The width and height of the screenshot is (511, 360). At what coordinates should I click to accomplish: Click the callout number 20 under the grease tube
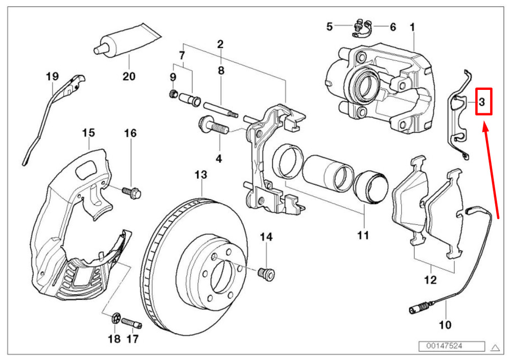129,77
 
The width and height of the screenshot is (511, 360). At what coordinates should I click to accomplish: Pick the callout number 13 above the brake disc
201,175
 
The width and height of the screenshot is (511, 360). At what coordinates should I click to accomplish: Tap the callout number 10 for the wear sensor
445,324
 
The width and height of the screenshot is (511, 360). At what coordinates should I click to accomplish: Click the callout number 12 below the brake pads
430,280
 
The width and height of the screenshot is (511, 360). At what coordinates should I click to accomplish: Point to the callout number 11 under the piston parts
363,235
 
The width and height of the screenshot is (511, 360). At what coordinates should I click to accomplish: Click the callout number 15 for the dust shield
88,133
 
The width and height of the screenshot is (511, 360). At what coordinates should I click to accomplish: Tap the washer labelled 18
115,320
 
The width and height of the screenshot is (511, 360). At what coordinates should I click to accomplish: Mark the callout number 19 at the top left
52,77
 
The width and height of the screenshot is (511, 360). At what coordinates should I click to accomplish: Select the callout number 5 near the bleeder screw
330,27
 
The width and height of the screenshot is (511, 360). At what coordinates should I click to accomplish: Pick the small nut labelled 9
173,93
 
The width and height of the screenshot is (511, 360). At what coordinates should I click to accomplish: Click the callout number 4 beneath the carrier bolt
219,159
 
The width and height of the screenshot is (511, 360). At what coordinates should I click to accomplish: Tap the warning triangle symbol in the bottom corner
495,348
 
